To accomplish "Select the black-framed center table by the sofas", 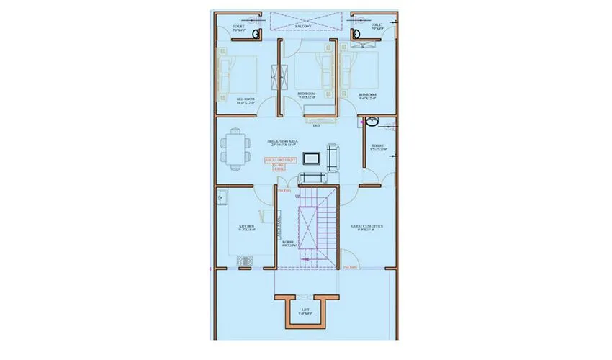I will click(312, 158).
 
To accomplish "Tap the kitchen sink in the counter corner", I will click(223, 196).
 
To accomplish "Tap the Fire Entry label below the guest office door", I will click(351, 267).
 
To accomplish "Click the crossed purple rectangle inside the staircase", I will click(310, 227).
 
